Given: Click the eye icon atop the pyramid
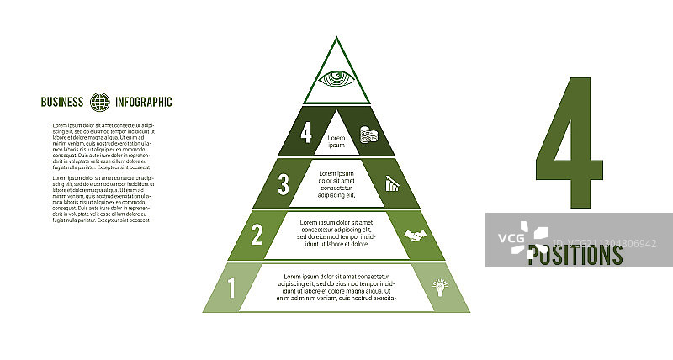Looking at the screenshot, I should coord(336,79).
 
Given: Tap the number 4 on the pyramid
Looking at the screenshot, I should coord(307,134).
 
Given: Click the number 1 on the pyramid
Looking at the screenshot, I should coord(232,289).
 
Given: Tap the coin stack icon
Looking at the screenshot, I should coord(368,135).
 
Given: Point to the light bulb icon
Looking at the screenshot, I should coord(438,288).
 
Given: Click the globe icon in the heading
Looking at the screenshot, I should coord(101,103).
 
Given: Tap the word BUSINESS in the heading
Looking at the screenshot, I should coord(62,103).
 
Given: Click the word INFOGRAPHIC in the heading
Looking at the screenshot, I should coord(144,103).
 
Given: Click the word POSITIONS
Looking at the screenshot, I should coord(575,255).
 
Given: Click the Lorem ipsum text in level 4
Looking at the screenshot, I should coord(336,141).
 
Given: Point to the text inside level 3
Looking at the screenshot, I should coord(336,183).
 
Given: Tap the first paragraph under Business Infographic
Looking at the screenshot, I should coord(103,147).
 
